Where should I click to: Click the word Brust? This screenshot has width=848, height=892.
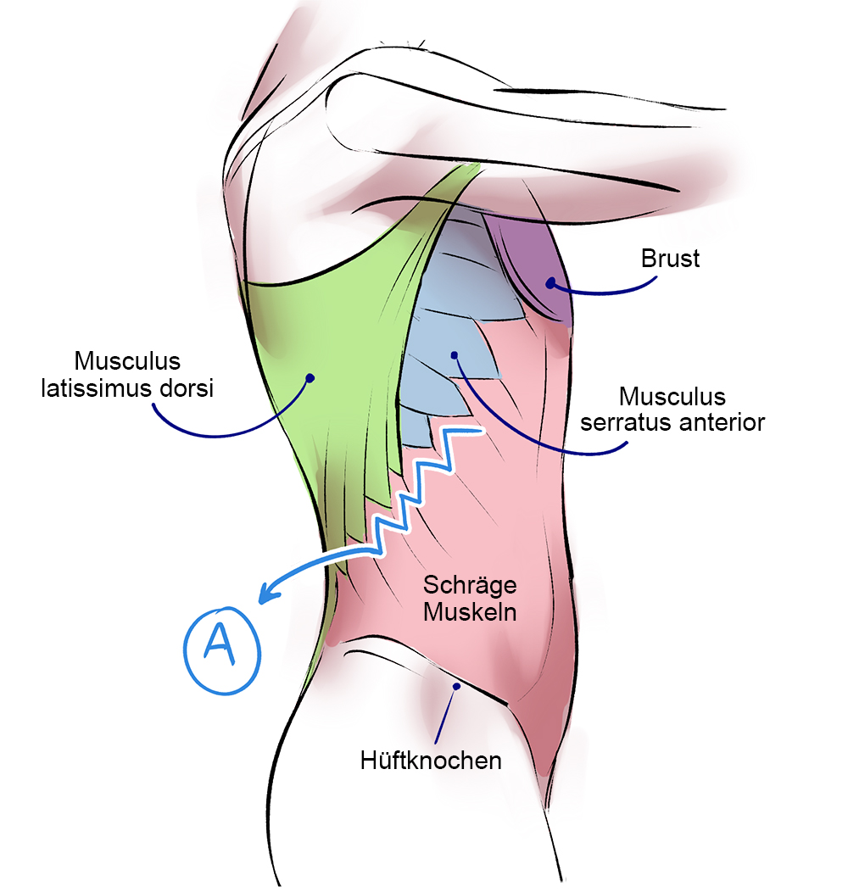pyautogui.click(x=671, y=258)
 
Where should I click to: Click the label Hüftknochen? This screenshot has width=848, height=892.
pyautogui.click(x=431, y=760)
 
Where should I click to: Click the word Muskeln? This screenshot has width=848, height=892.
pyautogui.click(x=470, y=611)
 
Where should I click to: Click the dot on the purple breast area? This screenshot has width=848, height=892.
pyautogui.click(x=550, y=282)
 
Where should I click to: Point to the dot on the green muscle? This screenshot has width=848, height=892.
pyautogui.click(x=310, y=377)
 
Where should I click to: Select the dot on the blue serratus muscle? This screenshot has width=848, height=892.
pyautogui.click(x=455, y=354)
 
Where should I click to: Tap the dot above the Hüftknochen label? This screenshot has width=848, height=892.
pyautogui.click(x=456, y=686)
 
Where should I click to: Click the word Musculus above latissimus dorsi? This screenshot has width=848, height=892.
pyautogui.click(x=127, y=361)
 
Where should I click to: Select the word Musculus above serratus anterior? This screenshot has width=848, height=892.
pyautogui.click(x=672, y=396)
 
